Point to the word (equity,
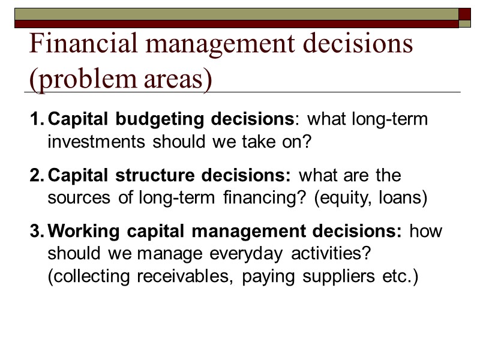coord(338,200)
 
